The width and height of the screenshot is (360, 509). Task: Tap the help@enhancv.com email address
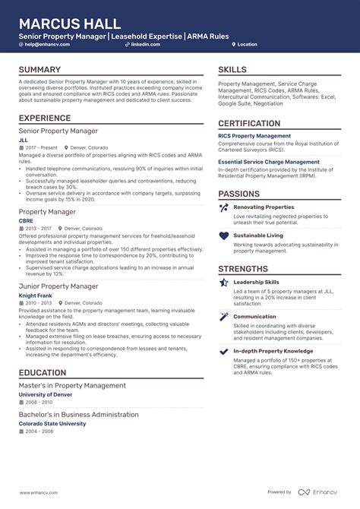point(46,45)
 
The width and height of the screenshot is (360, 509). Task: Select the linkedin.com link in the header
point(144,45)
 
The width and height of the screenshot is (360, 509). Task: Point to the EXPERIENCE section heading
point(49,118)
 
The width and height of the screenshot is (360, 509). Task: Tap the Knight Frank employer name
point(36,295)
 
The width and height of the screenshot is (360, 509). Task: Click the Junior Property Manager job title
point(58,286)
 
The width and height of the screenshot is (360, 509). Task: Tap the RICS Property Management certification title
point(254,136)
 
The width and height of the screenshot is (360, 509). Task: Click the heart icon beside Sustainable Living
point(223,236)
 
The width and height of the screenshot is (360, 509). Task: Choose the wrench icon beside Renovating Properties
point(223,207)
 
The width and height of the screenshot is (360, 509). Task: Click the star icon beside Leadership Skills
point(223,283)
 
